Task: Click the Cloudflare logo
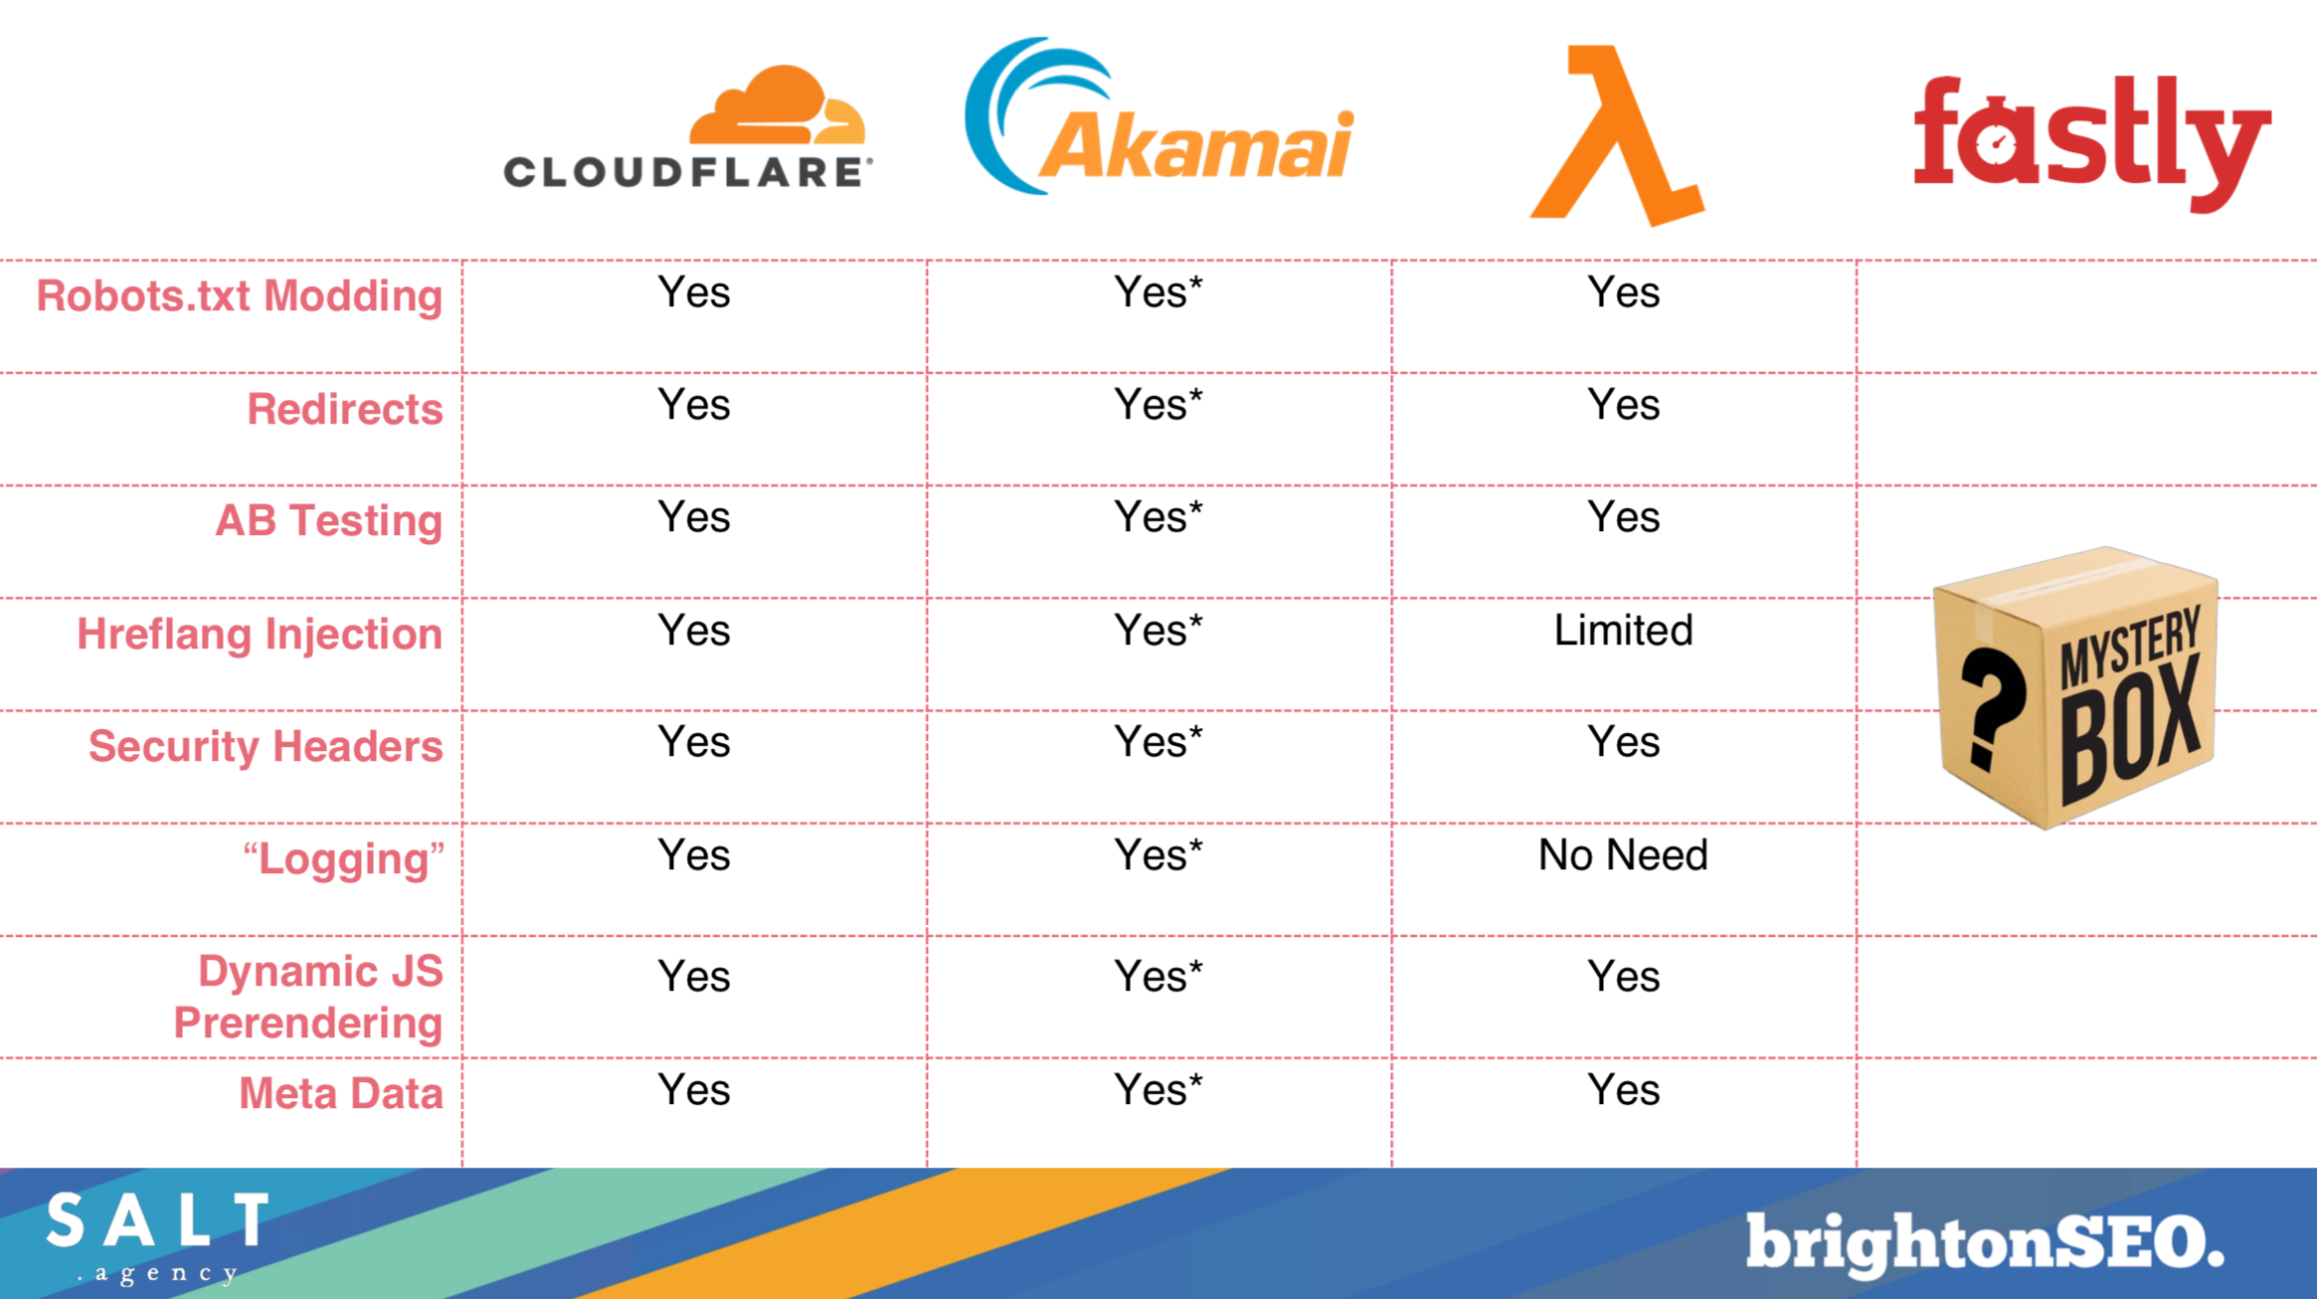click(x=688, y=126)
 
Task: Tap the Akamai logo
click(x=1158, y=116)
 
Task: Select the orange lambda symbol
click(x=1617, y=136)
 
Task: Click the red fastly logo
click(x=2092, y=142)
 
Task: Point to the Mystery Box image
click(x=2075, y=687)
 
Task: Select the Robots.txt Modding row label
click(x=239, y=296)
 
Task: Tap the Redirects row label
click(x=344, y=409)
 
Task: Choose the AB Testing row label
click(x=328, y=521)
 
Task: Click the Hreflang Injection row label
click(x=260, y=635)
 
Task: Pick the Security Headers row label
click(x=266, y=747)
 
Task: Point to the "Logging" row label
click(x=343, y=859)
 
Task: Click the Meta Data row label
click(x=340, y=1093)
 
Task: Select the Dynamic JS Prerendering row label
click(x=308, y=997)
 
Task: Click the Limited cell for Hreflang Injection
click(x=1623, y=631)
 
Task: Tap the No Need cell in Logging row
click(x=1623, y=855)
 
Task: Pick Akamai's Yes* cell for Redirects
click(x=1158, y=405)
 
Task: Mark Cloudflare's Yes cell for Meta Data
click(x=694, y=1090)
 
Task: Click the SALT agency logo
click(x=157, y=1235)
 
